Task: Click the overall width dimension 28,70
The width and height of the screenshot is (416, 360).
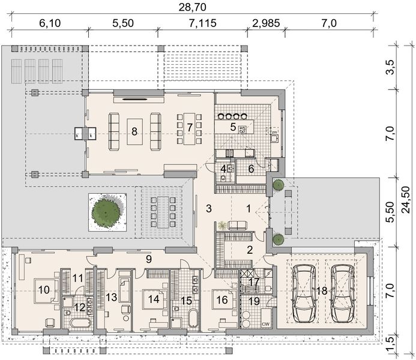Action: pos(192,7)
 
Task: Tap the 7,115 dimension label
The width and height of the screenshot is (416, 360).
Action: pos(203,23)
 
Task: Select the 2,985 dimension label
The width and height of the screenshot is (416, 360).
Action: pos(266,23)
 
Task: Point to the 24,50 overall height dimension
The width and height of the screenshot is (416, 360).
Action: pos(406,199)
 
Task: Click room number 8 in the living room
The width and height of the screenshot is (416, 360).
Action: pos(134,131)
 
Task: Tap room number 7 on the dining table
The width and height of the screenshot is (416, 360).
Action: pos(189,128)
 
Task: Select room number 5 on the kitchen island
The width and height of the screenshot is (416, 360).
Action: pos(233,127)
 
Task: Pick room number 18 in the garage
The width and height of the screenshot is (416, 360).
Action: pos(322,291)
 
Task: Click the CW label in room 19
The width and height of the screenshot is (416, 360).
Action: pos(265,324)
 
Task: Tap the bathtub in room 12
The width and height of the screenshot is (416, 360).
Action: pos(80,323)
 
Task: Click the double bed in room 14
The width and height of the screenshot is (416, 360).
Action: pos(153,299)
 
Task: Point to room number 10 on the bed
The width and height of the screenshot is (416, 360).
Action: pos(44,290)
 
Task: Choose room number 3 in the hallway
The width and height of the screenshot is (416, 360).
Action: pos(209,209)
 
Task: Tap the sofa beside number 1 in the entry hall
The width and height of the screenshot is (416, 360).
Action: pos(238,225)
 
